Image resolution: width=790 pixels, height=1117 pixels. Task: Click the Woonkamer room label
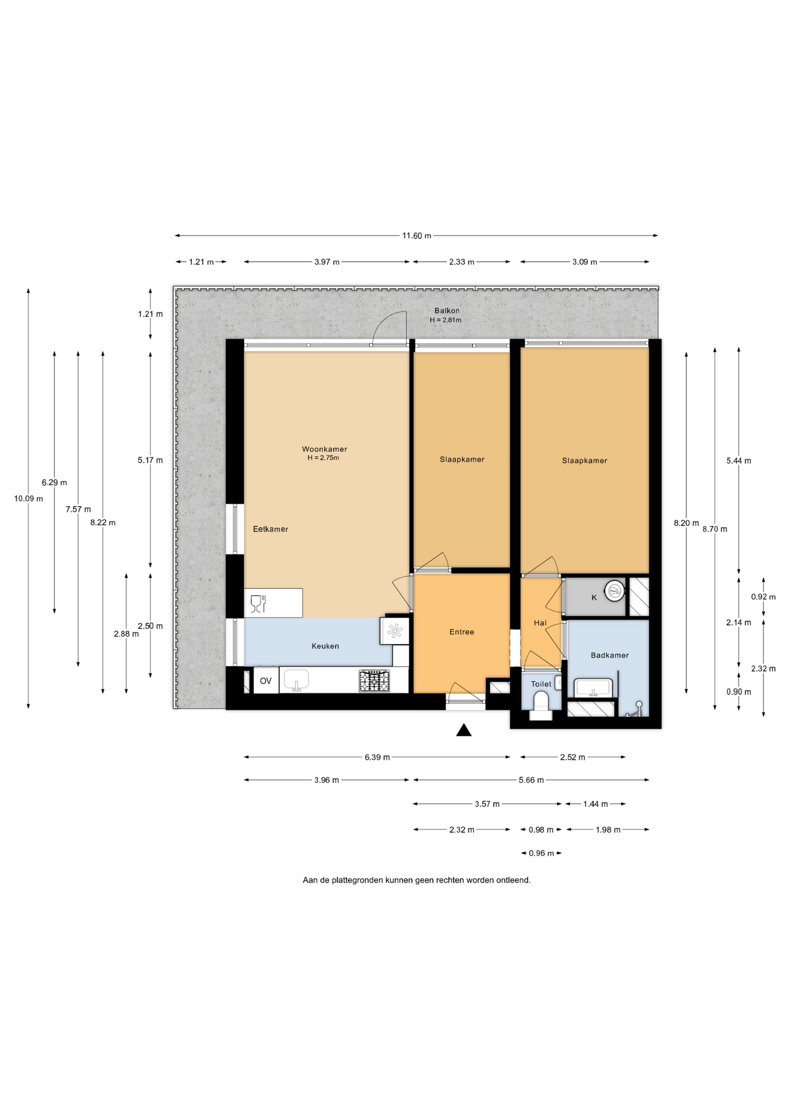(324, 449)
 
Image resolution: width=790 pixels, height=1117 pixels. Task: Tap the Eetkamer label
(271, 529)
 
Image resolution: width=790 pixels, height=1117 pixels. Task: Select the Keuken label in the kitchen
(325, 646)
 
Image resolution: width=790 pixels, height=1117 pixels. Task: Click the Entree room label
(461, 632)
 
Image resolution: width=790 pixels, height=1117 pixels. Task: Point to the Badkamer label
(610, 655)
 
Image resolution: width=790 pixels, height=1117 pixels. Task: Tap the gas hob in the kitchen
(375, 681)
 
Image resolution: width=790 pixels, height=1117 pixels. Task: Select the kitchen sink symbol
(297, 680)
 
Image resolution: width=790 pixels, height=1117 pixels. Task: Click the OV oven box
(266, 681)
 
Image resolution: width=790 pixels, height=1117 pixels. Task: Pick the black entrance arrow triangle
(464, 730)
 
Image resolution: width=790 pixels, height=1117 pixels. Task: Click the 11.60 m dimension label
(417, 236)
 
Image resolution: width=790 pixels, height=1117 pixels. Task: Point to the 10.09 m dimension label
(29, 499)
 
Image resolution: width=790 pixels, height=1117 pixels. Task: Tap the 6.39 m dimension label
(377, 757)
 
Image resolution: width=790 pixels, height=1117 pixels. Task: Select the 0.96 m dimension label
(541, 853)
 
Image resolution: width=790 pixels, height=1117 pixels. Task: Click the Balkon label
(447, 311)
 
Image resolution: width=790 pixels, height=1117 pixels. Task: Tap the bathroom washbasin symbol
(593, 688)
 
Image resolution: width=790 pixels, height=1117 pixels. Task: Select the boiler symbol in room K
(614, 592)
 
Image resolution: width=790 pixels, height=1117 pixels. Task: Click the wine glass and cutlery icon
(258, 603)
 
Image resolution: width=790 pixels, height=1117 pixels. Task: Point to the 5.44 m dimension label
(739, 461)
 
